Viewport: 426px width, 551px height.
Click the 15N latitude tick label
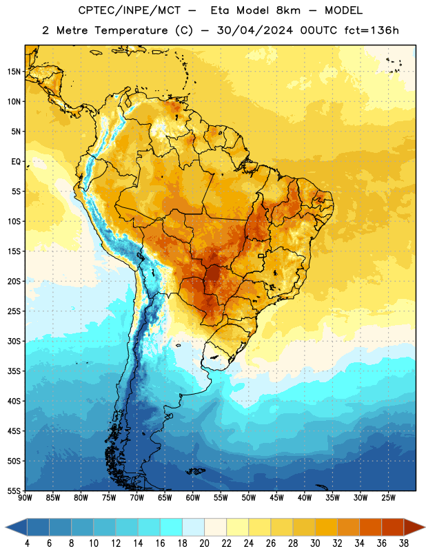[x=14, y=72]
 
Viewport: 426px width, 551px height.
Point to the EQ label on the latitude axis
[x=16, y=162]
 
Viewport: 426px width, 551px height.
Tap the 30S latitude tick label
[x=14, y=341]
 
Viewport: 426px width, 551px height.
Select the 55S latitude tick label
[x=14, y=491]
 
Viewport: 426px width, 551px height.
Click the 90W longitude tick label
[x=25, y=498]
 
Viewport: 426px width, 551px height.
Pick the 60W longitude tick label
[x=193, y=498]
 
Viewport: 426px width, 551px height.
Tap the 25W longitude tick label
[x=388, y=498]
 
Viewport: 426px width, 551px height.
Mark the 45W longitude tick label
[x=276, y=498]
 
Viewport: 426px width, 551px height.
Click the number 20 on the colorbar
[x=204, y=543]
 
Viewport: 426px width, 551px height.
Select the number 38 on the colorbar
[x=404, y=543]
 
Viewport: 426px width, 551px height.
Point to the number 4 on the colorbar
[x=27, y=543]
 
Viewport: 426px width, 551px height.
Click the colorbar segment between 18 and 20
[x=194, y=527]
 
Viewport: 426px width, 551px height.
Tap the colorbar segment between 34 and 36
[x=370, y=527]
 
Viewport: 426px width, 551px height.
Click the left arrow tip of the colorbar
[x=6, y=528]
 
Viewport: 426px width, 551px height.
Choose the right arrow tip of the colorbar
[x=425, y=528]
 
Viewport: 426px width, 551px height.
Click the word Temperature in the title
[x=131, y=30]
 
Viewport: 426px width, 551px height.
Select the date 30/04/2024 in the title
[x=255, y=30]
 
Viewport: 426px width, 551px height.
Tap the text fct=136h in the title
[x=372, y=30]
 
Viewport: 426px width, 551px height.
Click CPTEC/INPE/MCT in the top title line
[x=130, y=10]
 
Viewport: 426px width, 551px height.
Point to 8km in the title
[x=288, y=10]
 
